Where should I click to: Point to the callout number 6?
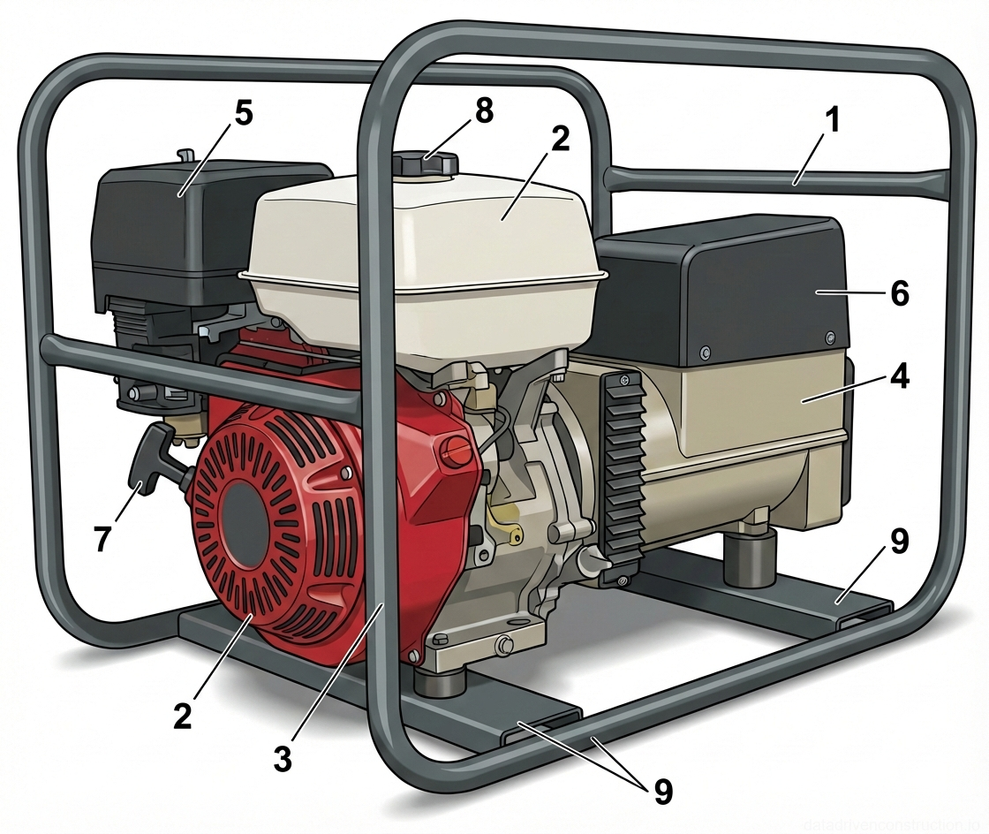[898, 293]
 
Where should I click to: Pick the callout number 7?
[103, 537]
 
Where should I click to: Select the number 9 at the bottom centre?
[661, 791]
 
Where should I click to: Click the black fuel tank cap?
[426, 164]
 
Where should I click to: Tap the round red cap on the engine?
[456, 451]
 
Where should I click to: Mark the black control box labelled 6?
[724, 292]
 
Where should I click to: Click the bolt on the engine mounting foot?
[505, 647]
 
